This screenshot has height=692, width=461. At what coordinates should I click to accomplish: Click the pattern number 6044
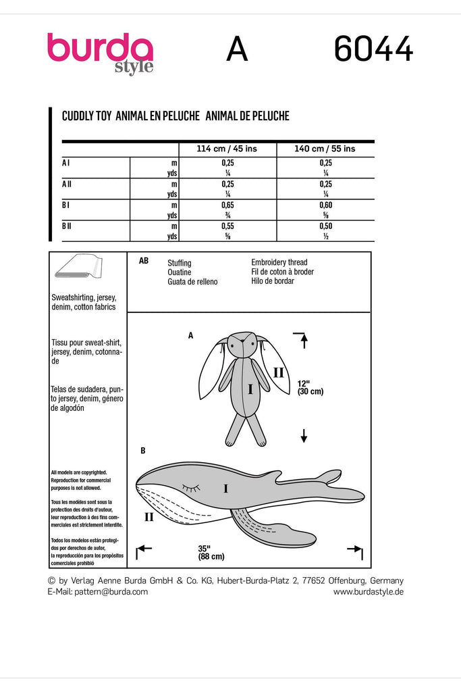[374, 49]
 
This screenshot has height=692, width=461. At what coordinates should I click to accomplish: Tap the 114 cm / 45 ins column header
[227, 149]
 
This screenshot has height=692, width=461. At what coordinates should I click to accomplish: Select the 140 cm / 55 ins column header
[325, 149]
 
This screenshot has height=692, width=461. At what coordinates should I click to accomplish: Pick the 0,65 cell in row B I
[228, 205]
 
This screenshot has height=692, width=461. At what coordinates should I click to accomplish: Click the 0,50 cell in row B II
[326, 226]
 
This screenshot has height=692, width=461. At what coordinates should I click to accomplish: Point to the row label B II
[67, 226]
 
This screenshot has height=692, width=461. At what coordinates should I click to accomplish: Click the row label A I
[65, 163]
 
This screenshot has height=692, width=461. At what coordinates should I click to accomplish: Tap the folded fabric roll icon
[79, 266]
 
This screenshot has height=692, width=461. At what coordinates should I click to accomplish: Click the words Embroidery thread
[279, 262]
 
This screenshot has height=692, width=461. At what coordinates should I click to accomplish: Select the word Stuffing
[180, 263]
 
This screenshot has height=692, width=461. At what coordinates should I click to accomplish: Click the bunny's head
[242, 344]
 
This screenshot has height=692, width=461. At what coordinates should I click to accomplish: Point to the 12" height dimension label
[310, 387]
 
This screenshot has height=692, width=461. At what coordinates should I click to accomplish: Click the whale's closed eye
[191, 487]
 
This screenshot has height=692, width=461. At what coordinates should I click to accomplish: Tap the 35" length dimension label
[211, 552]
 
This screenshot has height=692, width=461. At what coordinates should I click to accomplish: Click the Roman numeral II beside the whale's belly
[149, 516]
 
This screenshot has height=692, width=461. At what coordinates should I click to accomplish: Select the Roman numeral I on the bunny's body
[250, 389]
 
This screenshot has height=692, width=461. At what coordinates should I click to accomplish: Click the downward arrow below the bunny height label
[304, 435]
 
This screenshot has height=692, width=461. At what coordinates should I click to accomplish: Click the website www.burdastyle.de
[369, 592]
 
